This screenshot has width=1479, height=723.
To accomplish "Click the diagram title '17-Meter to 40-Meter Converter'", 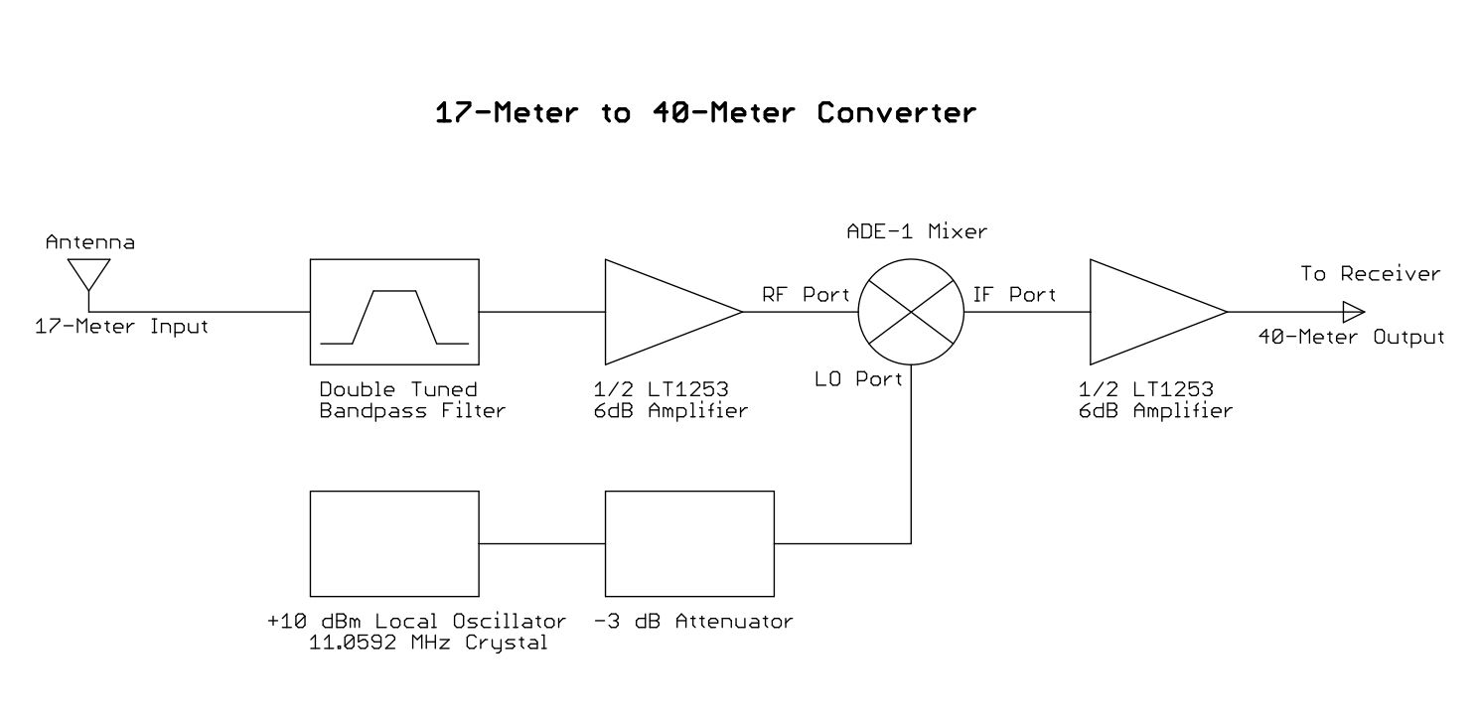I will tap(705, 113).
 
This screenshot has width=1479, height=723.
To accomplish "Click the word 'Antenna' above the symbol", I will tap(90, 242).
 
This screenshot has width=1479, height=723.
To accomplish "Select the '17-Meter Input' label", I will tap(122, 327).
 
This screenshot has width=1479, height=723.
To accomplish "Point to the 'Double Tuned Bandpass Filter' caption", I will tap(412, 399).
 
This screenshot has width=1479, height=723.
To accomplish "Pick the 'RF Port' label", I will tap(806, 295).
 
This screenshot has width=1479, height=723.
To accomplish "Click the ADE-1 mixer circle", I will tap(910, 312).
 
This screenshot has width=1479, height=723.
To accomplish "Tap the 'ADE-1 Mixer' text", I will tap(917, 232).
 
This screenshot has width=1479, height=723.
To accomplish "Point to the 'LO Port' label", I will tap(859, 378).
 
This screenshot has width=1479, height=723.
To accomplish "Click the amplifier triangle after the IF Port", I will tap(1147, 312).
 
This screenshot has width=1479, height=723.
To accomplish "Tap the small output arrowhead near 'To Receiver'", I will tap(1352, 312).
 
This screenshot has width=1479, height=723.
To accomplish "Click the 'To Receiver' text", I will tap(1371, 274).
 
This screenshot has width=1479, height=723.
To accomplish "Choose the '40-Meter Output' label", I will tap(1351, 338).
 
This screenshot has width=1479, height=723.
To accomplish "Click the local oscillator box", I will tap(394, 543).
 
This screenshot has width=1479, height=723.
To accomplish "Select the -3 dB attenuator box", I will tap(689, 543).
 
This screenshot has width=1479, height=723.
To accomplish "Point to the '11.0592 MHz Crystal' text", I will tap(422, 643).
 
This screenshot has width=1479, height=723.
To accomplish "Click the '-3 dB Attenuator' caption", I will tap(693, 623).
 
